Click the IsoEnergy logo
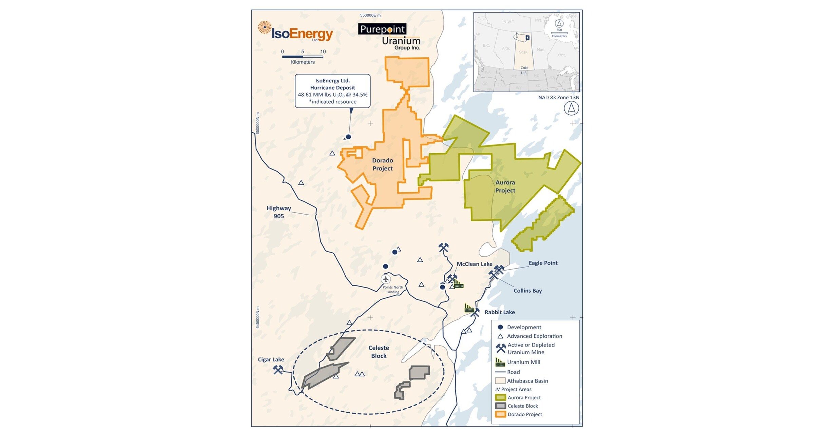tap(295, 32)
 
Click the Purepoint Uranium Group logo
tap(389, 37)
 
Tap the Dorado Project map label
tap(382, 164)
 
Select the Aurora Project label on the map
tap(505, 186)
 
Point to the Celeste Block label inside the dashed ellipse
tap(379, 352)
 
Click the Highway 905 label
tap(278, 212)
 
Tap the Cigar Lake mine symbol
tap(278, 369)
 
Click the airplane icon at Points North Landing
tap(386, 279)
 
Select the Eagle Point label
tap(543, 263)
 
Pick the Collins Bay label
tap(527, 291)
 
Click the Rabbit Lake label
tap(499, 312)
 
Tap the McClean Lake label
tap(474, 264)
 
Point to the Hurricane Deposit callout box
tap(332, 91)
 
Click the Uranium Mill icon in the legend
tap(500, 362)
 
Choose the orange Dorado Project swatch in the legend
tap(500, 414)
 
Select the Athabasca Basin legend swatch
tap(500, 381)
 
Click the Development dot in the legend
tap(500, 327)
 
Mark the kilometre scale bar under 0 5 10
tap(303, 57)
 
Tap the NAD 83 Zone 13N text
tap(559, 97)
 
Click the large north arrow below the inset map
tap(571, 108)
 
